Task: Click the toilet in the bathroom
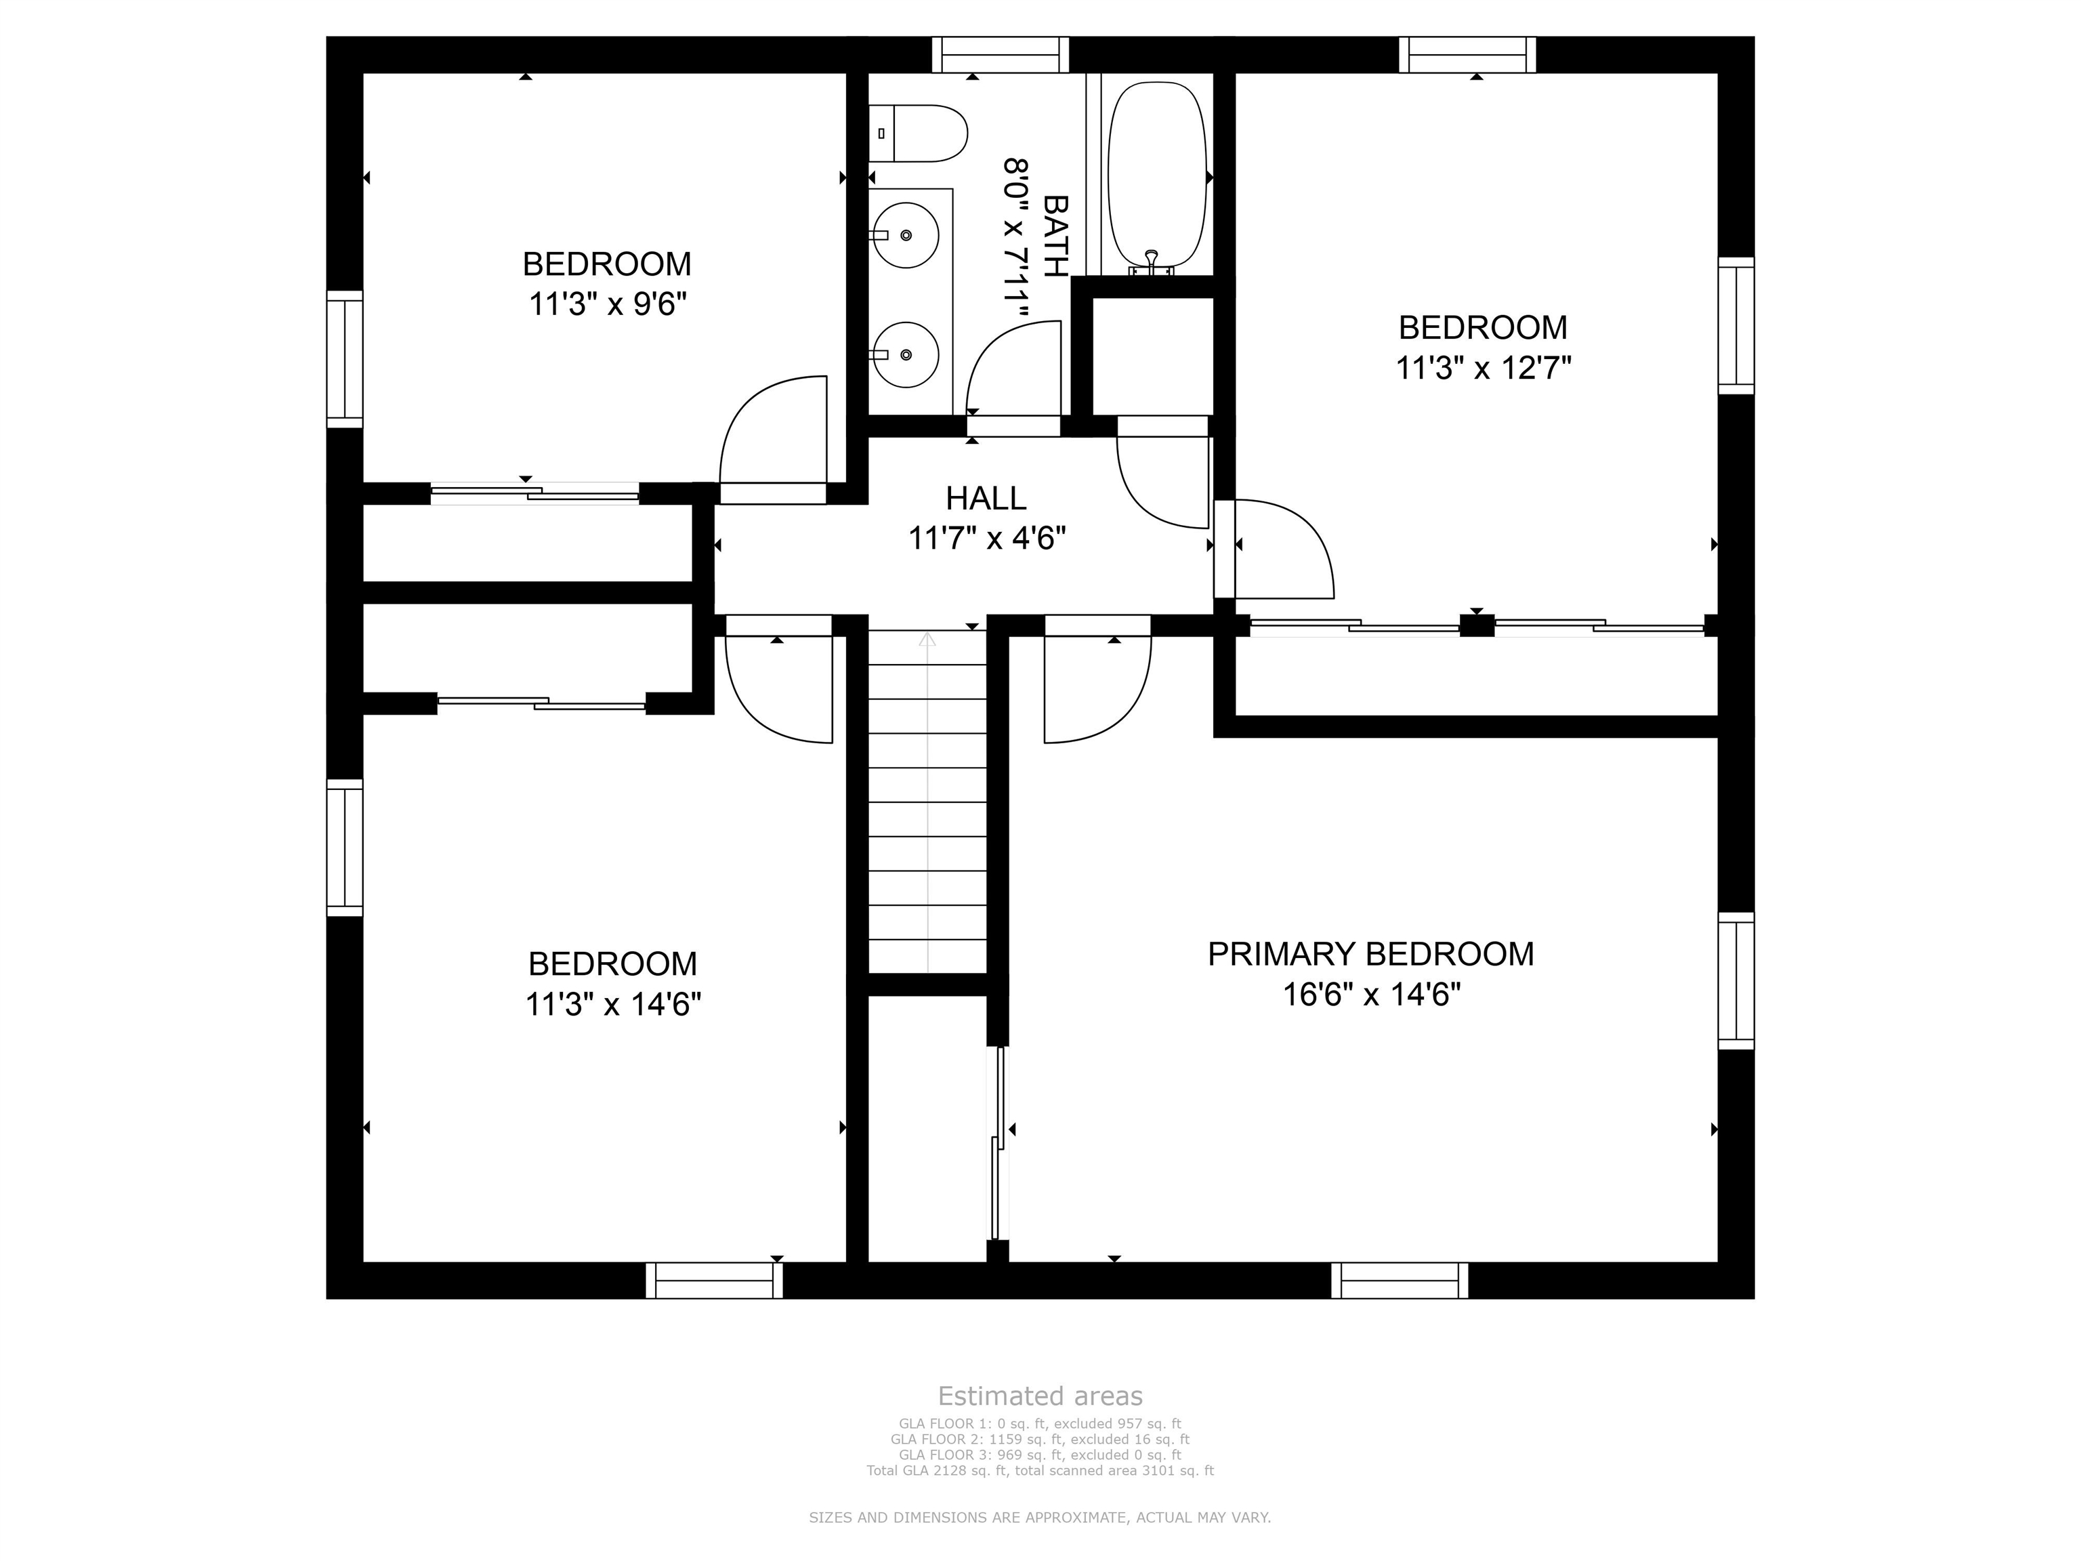[x=918, y=133]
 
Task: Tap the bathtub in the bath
[x=1157, y=177]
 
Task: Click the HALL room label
[x=986, y=498]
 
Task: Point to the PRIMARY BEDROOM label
[x=1370, y=954]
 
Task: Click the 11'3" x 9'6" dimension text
[x=608, y=305]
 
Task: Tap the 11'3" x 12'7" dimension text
[x=1484, y=368]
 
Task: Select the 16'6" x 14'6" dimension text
[x=1372, y=995]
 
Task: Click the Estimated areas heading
[x=1040, y=1396]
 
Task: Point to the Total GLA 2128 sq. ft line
[x=1040, y=1471]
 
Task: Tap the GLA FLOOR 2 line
[x=1040, y=1440]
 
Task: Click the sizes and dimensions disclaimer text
[x=1040, y=1518]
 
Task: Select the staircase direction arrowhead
[x=927, y=639]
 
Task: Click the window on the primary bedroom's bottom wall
[x=1400, y=1281]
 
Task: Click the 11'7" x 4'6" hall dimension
[x=987, y=538]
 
